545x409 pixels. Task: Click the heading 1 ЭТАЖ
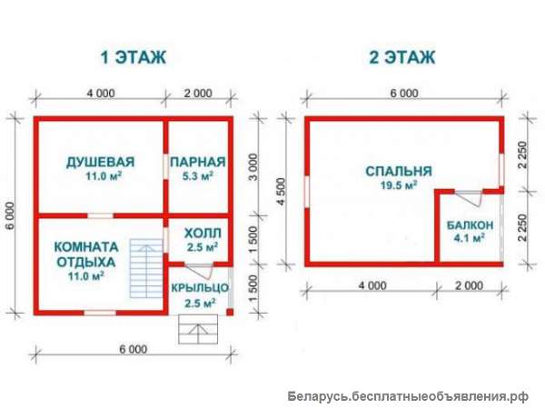[x=133, y=57]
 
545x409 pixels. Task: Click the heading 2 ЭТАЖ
[x=402, y=57]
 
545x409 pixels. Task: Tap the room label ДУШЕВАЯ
[x=101, y=162]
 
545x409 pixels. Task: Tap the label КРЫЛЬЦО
[x=200, y=288]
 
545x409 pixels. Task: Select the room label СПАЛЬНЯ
[x=398, y=170]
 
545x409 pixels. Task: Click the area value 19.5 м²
[x=398, y=185]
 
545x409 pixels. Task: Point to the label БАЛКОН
[x=470, y=224]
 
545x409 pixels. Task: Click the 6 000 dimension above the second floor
[x=403, y=94]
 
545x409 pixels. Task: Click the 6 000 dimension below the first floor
[x=133, y=349]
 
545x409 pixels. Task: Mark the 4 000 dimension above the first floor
[x=101, y=94]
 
